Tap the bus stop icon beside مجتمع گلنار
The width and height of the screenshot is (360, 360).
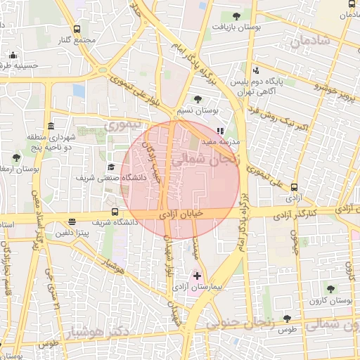tap(76, 29)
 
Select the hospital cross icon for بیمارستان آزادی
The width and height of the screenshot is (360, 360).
tap(196, 276)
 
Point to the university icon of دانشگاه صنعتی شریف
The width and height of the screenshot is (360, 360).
tap(111, 167)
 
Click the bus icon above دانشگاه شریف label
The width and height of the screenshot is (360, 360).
tap(115, 212)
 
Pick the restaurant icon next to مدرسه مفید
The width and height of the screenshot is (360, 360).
tap(219, 130)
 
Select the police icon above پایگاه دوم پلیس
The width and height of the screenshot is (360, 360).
tap(256, 70)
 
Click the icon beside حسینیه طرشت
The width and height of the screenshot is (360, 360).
tap(12, 56)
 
